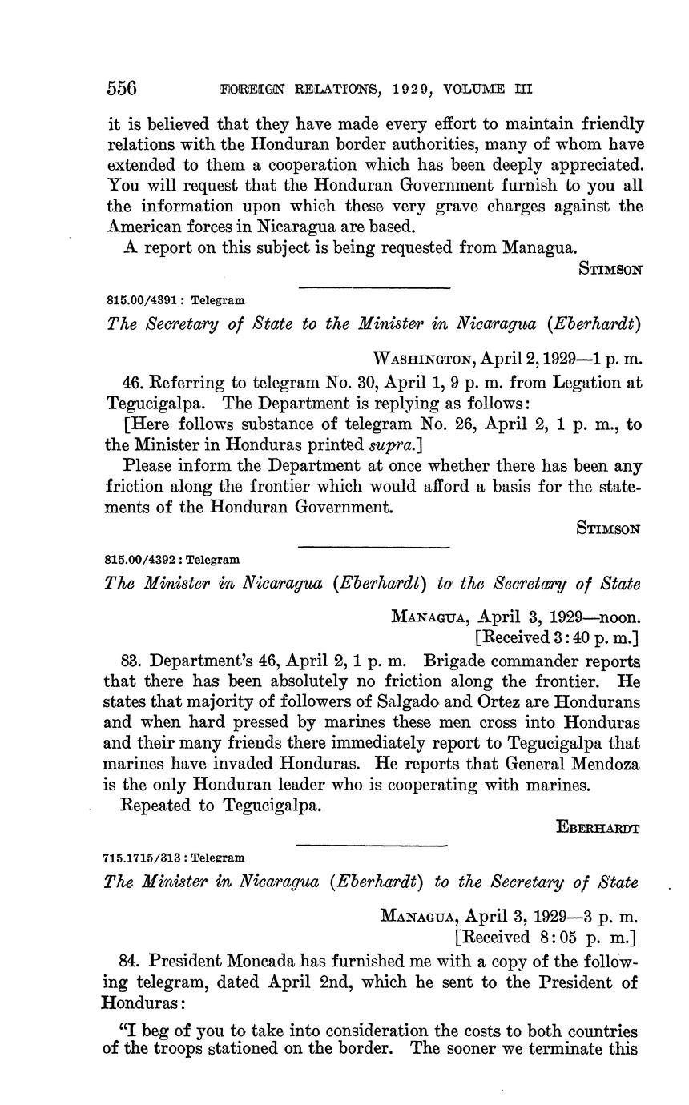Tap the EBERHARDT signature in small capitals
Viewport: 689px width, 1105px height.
tap(598, 828)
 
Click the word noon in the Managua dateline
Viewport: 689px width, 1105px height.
tap(615, 617)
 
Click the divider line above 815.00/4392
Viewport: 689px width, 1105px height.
tap(373, 547)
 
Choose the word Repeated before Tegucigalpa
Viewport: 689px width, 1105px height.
tap(155, 806)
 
